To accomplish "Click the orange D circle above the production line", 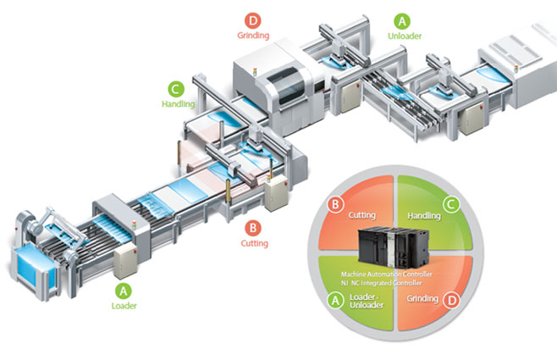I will click(x=252, y=19).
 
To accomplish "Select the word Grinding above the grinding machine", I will click(x=252, y=36).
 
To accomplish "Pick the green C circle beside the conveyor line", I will click(x=176, y=87).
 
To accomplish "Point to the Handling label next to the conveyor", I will click(x=177, y=104).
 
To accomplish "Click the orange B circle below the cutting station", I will click(x=252, y=227).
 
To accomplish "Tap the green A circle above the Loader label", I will click(x=123, y=288).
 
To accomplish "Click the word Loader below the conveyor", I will click(x=124, y=306).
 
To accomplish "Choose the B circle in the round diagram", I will click(x=336, y=202).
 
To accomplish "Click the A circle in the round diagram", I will click(x=336, y=299).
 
